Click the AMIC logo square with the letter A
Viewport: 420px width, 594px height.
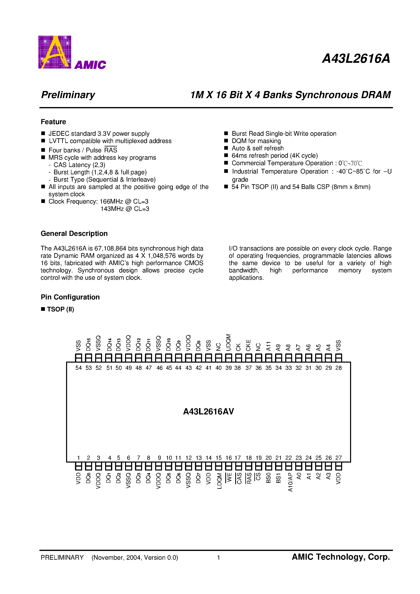(55, 52)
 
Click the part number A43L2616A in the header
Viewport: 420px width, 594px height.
(356, 59)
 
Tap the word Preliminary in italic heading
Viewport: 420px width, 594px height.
(68, 95)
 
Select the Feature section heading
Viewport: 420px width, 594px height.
(53, 122)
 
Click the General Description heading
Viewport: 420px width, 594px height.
(74, 234)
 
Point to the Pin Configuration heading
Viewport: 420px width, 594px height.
(70, 297)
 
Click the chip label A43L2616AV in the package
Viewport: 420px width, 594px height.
(208, 411)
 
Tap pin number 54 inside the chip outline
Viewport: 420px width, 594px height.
(78, 368)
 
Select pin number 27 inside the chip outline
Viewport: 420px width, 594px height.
(338, 458)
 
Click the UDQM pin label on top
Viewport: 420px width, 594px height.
(228, 343)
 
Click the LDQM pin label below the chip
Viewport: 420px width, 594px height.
(219, 481)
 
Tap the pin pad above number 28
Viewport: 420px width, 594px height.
(338, 358)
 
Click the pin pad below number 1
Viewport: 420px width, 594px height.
(78, 466)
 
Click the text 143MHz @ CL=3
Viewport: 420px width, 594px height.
(125, 209)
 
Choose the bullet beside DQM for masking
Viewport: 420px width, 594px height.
(226, 141)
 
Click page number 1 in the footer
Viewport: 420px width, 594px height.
(218, 557)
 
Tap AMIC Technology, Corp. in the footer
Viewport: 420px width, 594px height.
(341, 557)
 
